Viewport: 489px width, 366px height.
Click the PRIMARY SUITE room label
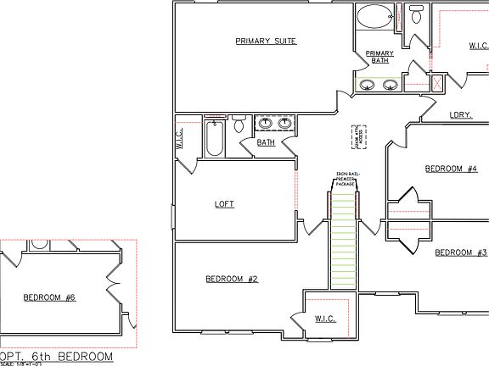coord(266,41)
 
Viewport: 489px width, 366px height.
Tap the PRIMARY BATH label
coord(379,57)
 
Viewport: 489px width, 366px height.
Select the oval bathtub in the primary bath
coord(374,16)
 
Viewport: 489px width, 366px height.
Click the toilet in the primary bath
coord(416,15)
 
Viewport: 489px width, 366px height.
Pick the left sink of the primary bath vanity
coord(367,84)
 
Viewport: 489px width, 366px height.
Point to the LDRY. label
coord(460,114)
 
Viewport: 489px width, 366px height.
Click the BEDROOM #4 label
coord(451,169)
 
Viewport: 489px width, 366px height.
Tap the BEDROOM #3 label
coord(460,252)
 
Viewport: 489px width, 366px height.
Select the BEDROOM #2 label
coord(231,279)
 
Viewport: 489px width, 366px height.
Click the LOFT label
coord(224,204)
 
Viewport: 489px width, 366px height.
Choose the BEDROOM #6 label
coord(49,297)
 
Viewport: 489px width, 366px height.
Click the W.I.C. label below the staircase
coord(324,319)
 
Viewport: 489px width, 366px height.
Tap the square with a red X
coord(438,83)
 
